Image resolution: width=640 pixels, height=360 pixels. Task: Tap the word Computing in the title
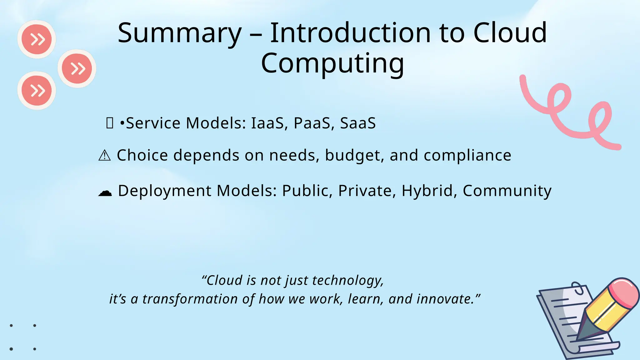(332, 63)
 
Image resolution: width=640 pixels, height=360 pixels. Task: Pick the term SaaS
(358, 123)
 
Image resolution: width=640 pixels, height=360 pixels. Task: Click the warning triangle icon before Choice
(104, 155)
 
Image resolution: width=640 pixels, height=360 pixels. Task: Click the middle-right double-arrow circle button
(77, 68)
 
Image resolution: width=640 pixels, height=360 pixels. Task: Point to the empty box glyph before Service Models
(109, 123)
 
